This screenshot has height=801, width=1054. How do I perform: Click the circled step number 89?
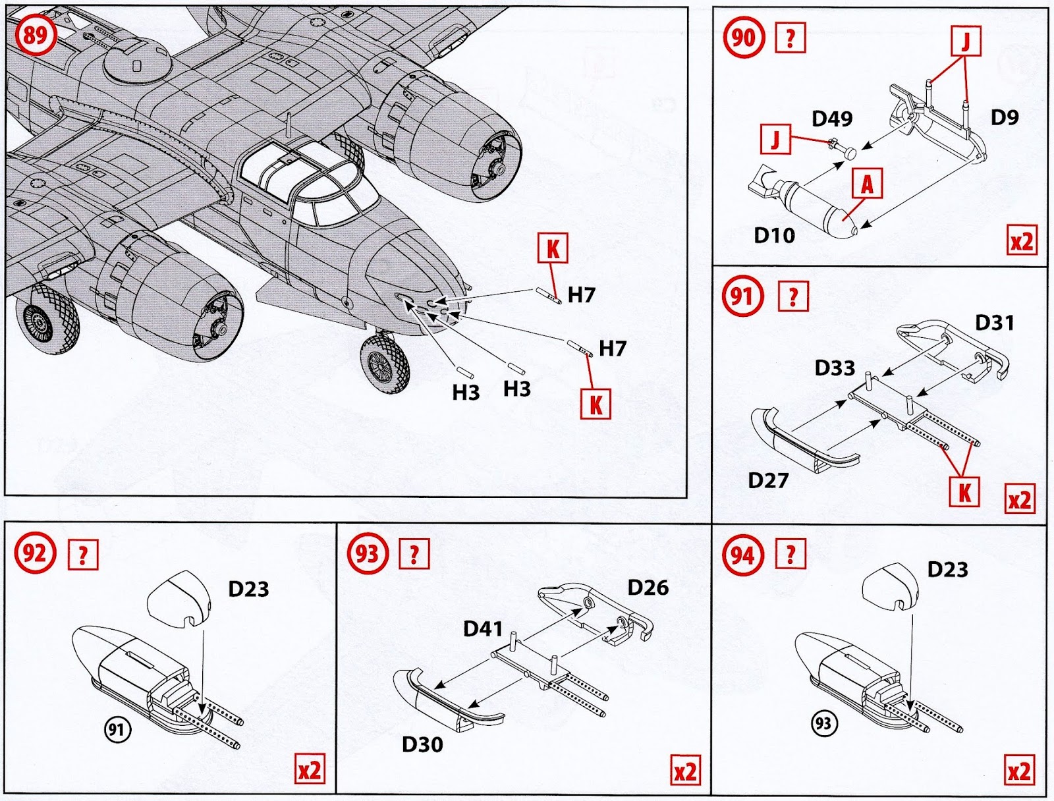[x=35, y=34]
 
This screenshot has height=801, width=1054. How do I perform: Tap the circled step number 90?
[x=742, y=38]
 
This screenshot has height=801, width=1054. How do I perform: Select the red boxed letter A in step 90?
[x=867, y=184]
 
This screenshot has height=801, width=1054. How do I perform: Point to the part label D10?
[x=774, y=235]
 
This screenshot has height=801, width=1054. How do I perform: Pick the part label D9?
[x=1005, y=117]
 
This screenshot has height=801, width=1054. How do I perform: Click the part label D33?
[x=835, y=368]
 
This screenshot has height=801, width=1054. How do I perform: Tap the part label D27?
[x=768, y=480]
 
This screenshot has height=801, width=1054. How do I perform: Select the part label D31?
[x=995, y=323]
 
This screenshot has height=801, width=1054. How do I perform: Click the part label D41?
[x=483, y=628]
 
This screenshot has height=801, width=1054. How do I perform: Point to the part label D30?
[x=422, y=744]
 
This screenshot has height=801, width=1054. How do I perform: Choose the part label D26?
[x=648, y=588]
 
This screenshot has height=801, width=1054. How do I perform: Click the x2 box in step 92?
[x=309, y=771]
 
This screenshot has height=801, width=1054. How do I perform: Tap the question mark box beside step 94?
[x=790, y=554]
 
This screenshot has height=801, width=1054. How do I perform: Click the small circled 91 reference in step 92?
[x=118, y=729]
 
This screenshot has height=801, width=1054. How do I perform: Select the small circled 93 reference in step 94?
[x=823, y=724]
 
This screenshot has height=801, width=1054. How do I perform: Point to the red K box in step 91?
[x=964, y=491]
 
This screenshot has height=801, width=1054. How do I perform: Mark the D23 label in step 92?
[x=248, y=589]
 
